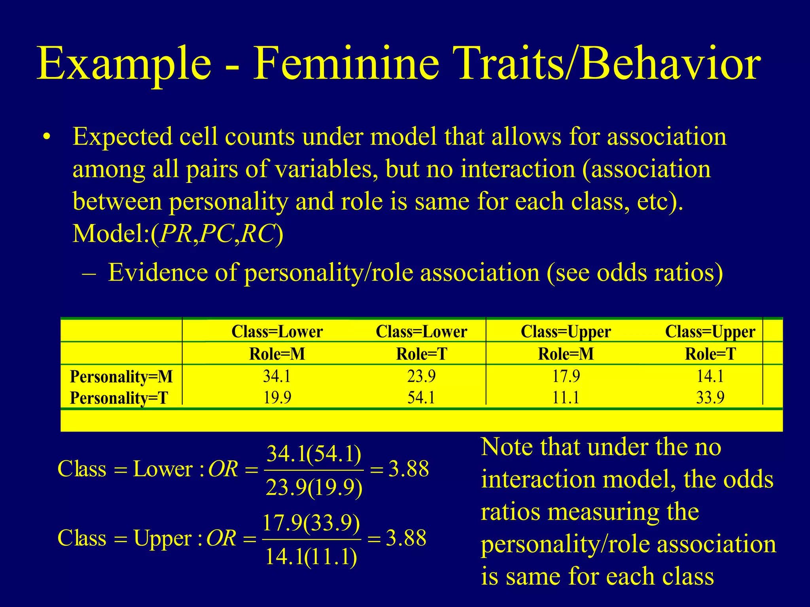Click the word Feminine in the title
(346, 64)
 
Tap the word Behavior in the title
(670, 64)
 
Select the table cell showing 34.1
(277, 376)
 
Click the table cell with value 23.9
(421, 376)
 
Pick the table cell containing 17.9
(566, 376)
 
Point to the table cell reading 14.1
(710, 376)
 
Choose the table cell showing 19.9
(277, 397)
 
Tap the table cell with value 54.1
(421, 397)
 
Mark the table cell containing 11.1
(566, 397)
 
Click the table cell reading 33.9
(710, 397)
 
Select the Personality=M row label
(121, 377)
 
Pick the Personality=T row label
(119, 398)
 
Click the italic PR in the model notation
(176, 234)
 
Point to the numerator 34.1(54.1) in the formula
(314, 454)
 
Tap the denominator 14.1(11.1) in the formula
(311, 557)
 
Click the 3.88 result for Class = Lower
(409, 469)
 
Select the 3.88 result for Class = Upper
(406, 538)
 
